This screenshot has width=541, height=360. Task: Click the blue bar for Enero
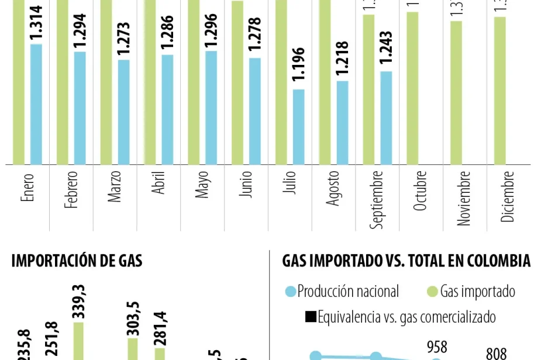[x=36, y=104]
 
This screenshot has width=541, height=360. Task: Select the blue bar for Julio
[x=298, y=127]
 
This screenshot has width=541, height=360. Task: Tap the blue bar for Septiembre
[x=385, y=117]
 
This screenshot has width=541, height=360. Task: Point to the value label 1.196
[x=298, y=68]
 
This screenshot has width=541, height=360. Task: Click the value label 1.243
[x=385, y=50]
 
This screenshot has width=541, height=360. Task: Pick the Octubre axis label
[x=421, y=191]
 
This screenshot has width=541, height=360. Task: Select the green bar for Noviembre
[x=456, y=92]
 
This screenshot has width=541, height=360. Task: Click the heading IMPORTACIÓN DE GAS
[x=77, y=261]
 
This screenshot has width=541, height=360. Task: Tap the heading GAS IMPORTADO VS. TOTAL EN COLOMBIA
[x=406, y=261]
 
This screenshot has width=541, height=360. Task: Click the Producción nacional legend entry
[x=342, y=291]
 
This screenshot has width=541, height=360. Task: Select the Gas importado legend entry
[x=471, y=291]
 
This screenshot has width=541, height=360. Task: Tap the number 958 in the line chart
[x=437, y=347]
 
